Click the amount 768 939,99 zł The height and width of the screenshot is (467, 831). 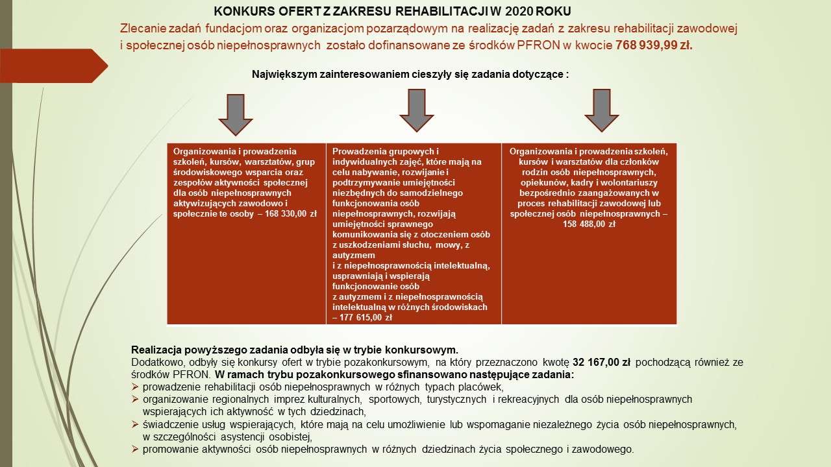pyautogui.click(x=653, y=45)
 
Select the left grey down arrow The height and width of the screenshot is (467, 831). pyautogui.click(x=235, y=114)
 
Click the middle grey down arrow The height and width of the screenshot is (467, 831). pyautogui.click(x=416, y=110)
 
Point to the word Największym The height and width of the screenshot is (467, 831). pyautogui.click(x=284, y=75)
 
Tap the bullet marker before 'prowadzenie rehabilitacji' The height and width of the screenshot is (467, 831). pyautogui.click(x=135, y=387)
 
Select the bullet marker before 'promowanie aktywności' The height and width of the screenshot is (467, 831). pyautogui.click(x=135, y=449)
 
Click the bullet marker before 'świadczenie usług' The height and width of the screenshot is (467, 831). pyautogui.click(x=135, y=424)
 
